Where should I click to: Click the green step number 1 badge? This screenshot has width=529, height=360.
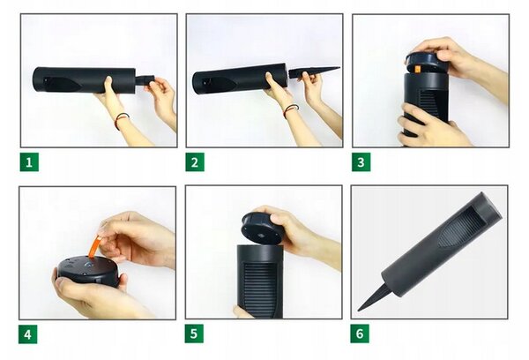[29, 162]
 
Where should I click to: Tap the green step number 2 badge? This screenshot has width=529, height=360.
[195, 162]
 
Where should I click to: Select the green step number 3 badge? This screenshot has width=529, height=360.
[361, 162]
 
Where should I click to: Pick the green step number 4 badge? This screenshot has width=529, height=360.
[27, 334]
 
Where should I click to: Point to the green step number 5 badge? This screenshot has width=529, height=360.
[194, 334]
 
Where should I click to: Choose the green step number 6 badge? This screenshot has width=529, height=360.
[360, 334]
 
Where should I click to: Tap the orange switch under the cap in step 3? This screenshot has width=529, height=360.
[417, 69]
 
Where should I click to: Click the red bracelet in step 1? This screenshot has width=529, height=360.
[121, 120]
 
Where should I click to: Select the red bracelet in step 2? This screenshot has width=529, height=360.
[290, 110]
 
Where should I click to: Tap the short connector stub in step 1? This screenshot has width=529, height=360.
[145, 80]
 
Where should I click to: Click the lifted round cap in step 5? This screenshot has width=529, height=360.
[263, 228]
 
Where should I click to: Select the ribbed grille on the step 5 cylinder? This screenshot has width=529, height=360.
[259, 289]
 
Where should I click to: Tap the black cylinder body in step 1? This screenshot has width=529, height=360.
[85, 80]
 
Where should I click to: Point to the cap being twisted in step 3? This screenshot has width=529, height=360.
[426, 63]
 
